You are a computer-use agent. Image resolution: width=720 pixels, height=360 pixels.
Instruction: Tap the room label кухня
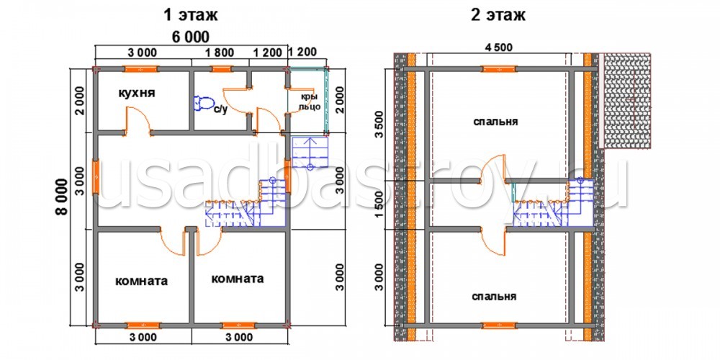coord(137,93)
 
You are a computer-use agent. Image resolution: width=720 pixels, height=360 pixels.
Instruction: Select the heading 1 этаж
coord(191,15)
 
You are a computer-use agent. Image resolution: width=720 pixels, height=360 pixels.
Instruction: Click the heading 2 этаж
coord(498,15)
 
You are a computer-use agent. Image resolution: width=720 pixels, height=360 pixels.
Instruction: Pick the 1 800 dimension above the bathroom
coord(220,53)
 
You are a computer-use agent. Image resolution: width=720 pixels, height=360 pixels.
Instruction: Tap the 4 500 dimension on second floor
coord(498,47)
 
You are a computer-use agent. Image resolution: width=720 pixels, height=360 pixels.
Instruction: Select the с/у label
coord(221,111)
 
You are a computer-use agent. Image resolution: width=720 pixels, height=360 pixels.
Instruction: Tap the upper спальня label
coord(495,122)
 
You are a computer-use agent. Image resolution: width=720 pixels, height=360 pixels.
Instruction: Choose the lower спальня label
coord(494,297)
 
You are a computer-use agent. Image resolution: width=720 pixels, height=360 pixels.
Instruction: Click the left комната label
coord(141,281)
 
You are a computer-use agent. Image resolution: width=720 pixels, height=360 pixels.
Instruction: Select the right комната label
coord(238,279)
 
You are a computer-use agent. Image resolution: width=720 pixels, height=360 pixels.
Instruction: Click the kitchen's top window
coord(140,69)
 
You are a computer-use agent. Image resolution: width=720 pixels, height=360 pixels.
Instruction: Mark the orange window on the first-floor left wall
coord(96,176)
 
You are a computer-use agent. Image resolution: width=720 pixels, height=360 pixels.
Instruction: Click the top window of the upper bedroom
coord(499,69)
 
